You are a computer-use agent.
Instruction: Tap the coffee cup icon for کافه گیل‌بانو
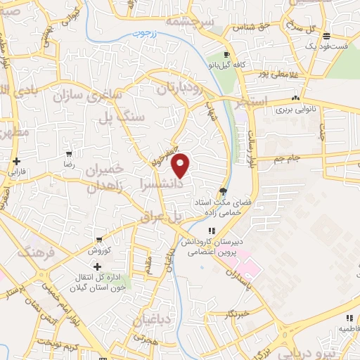(226, 56)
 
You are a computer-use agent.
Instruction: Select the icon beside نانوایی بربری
(296, 98)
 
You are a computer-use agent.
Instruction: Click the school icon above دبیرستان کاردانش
(212, 231)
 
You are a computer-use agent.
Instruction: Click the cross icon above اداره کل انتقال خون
(96, 267)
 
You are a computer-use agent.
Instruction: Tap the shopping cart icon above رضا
(69, 153)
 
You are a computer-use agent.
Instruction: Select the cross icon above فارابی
(16, 161)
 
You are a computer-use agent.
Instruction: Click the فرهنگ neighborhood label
(34, 252)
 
